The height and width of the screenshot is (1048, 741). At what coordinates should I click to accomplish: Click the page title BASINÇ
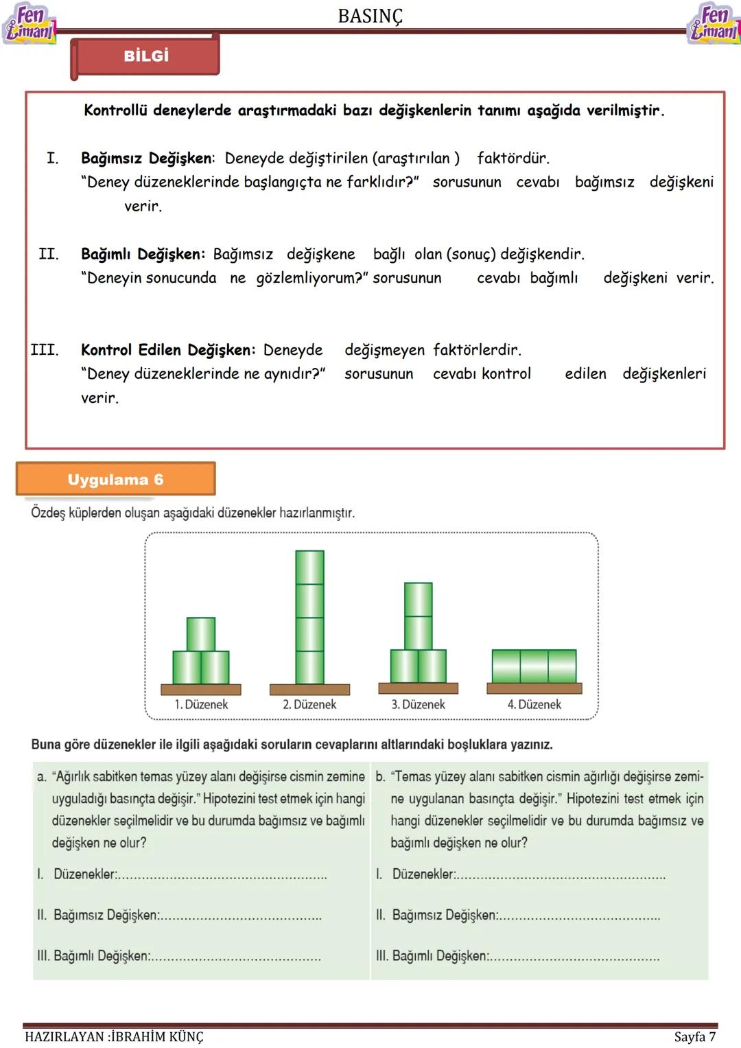coord(370,16)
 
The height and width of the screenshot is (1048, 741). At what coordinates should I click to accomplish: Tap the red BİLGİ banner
coord(145,56)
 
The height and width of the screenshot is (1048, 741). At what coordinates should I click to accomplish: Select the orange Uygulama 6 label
coord(115,479)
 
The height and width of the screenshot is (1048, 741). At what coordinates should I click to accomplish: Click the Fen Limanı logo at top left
coord(28,23)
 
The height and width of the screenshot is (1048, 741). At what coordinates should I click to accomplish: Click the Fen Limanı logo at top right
coord(714,23)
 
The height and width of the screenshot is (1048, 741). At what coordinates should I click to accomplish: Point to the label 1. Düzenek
coord(201,704)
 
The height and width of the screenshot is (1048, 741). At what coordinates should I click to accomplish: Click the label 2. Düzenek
coord(309,704)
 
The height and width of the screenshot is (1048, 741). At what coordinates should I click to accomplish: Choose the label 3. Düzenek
coord(418,704)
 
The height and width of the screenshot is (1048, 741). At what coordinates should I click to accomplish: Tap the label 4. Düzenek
coord(534,704)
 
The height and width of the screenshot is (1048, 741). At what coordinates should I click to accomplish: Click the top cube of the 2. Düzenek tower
coord(309,567)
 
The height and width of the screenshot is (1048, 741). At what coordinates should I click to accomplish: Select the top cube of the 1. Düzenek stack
coord(201,633)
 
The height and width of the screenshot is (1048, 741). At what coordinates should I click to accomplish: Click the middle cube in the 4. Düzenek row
coord(534,666)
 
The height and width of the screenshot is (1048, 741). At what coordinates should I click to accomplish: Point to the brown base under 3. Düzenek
coord(418,688)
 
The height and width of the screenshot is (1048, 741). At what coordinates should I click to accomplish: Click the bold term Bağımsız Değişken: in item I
coord(148,158)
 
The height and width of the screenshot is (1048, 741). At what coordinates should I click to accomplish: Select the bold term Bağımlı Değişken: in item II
coord(143,254)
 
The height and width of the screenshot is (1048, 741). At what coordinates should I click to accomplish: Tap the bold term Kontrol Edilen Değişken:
coord(168,350)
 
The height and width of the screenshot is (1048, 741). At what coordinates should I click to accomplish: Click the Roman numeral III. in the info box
coord(45,350)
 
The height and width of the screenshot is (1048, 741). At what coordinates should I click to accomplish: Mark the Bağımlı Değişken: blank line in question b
coord(574,957)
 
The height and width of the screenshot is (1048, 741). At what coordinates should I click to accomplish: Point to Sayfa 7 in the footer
coord(694,1036)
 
